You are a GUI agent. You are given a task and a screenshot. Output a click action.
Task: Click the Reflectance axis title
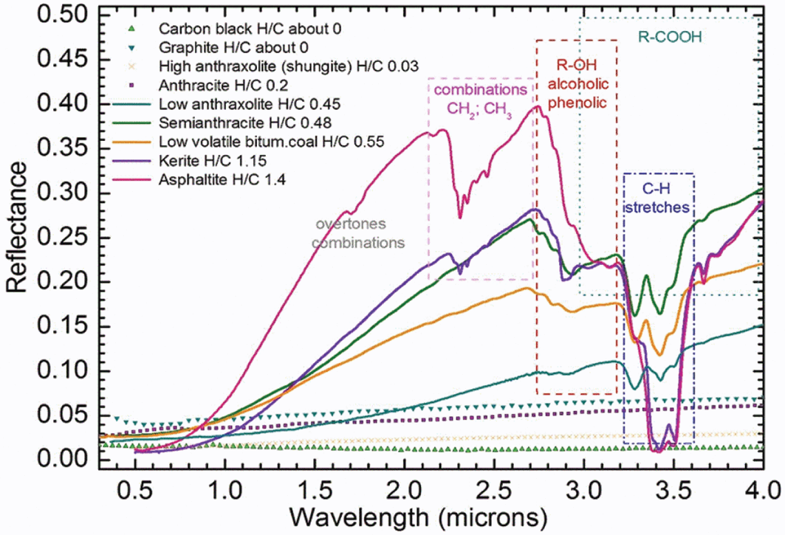18,238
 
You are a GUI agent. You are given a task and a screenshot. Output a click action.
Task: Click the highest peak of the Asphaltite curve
538,106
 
